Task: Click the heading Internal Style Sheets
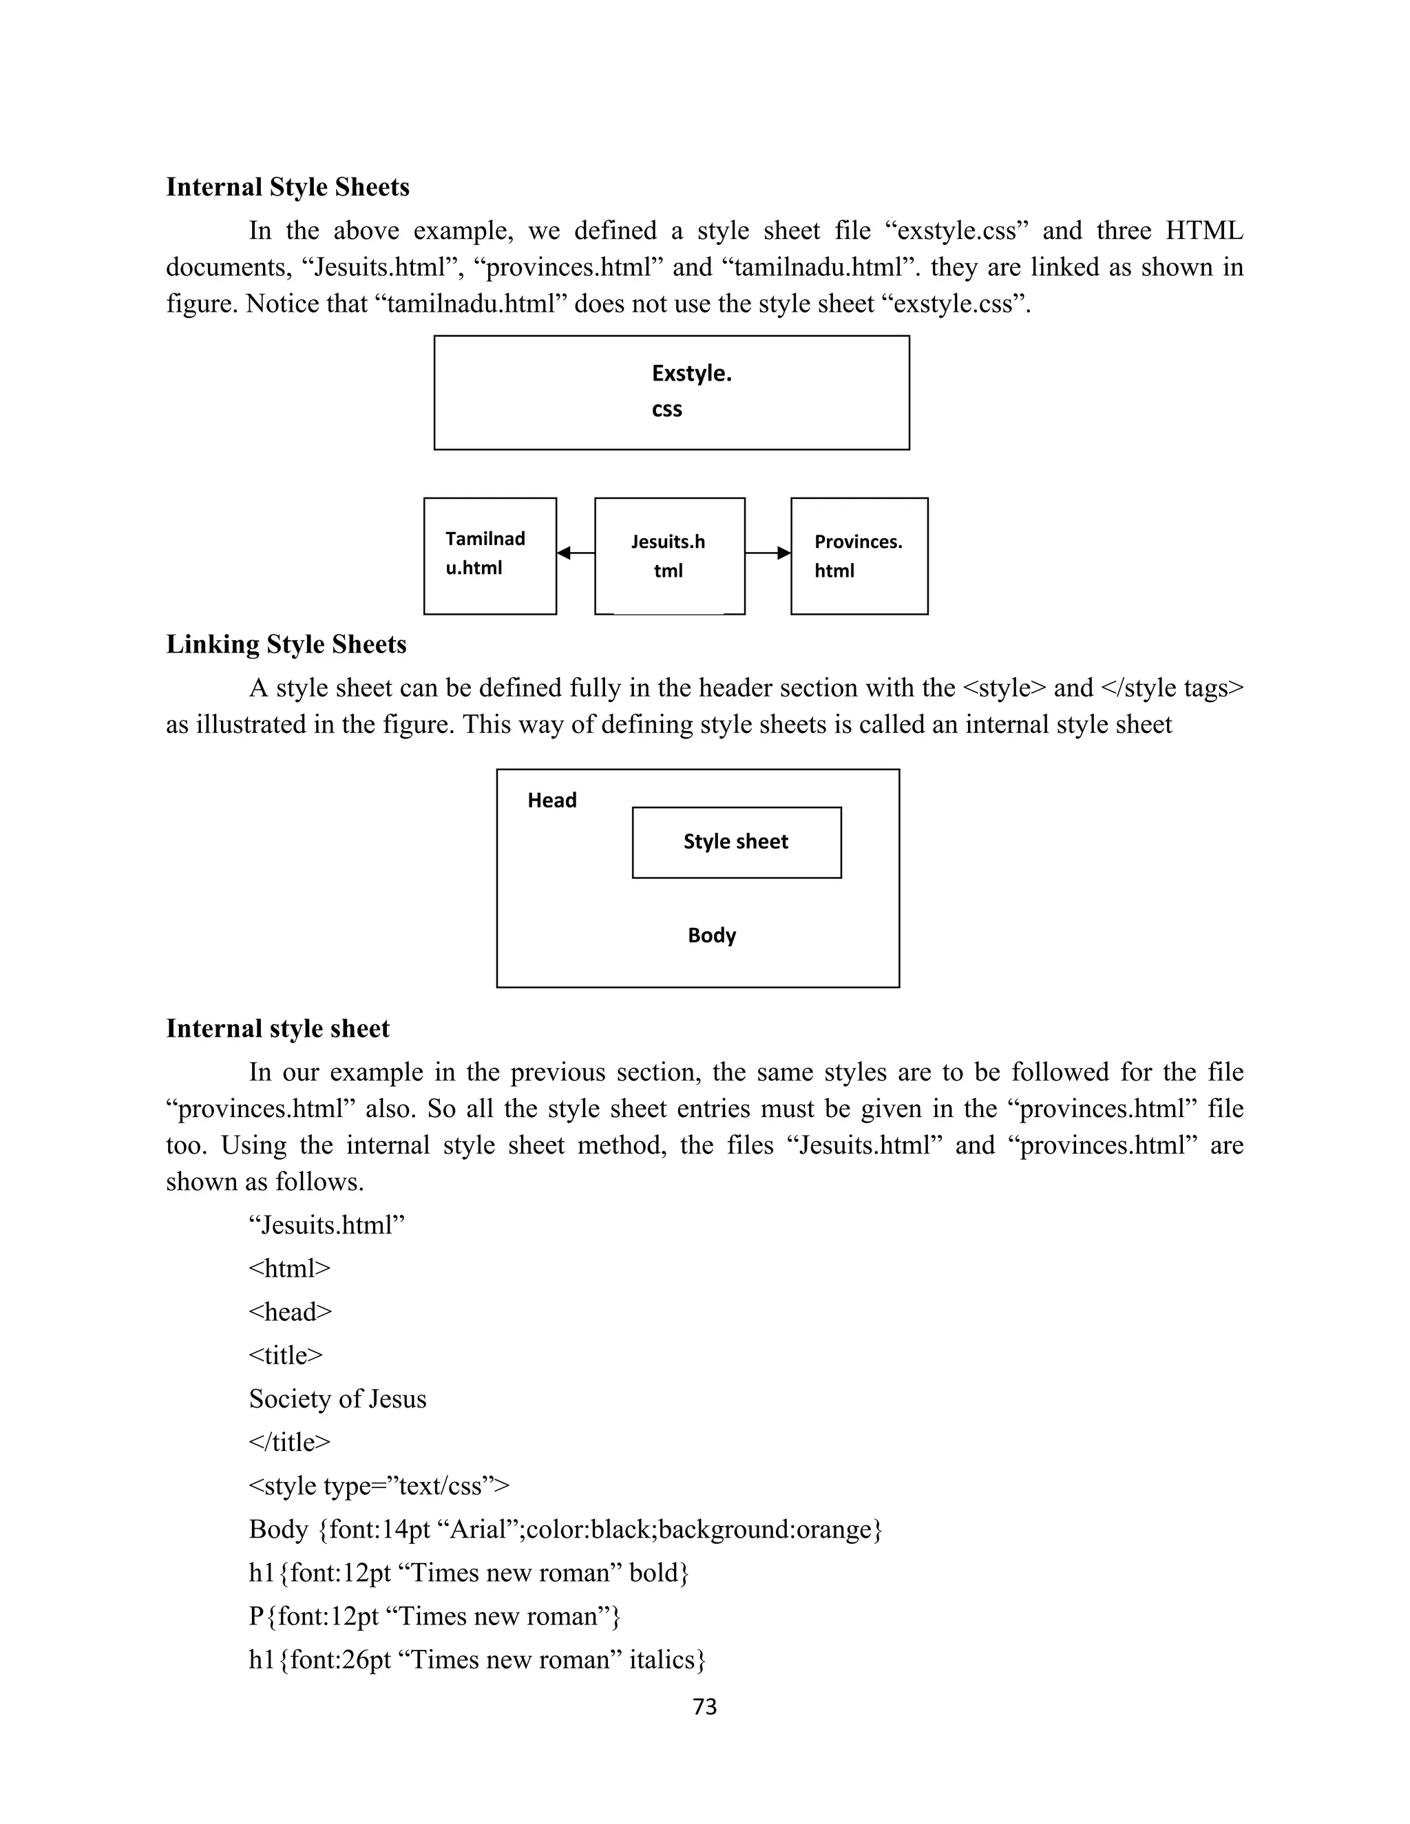(287, 187)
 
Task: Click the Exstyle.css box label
(690, 390)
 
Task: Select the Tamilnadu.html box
(490, 555)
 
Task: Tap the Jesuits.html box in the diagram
(669, 555)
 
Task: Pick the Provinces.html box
(859, 555)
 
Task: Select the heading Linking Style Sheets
(286, 644)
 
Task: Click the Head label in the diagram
(551, 800)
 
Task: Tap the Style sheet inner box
(736, 842)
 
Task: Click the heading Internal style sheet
(277, 1028)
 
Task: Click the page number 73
(705, 1706)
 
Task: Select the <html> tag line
(289, 1268)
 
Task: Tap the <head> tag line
(290, 1311)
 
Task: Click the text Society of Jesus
(337, 1398)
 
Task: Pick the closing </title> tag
(289, 1441)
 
